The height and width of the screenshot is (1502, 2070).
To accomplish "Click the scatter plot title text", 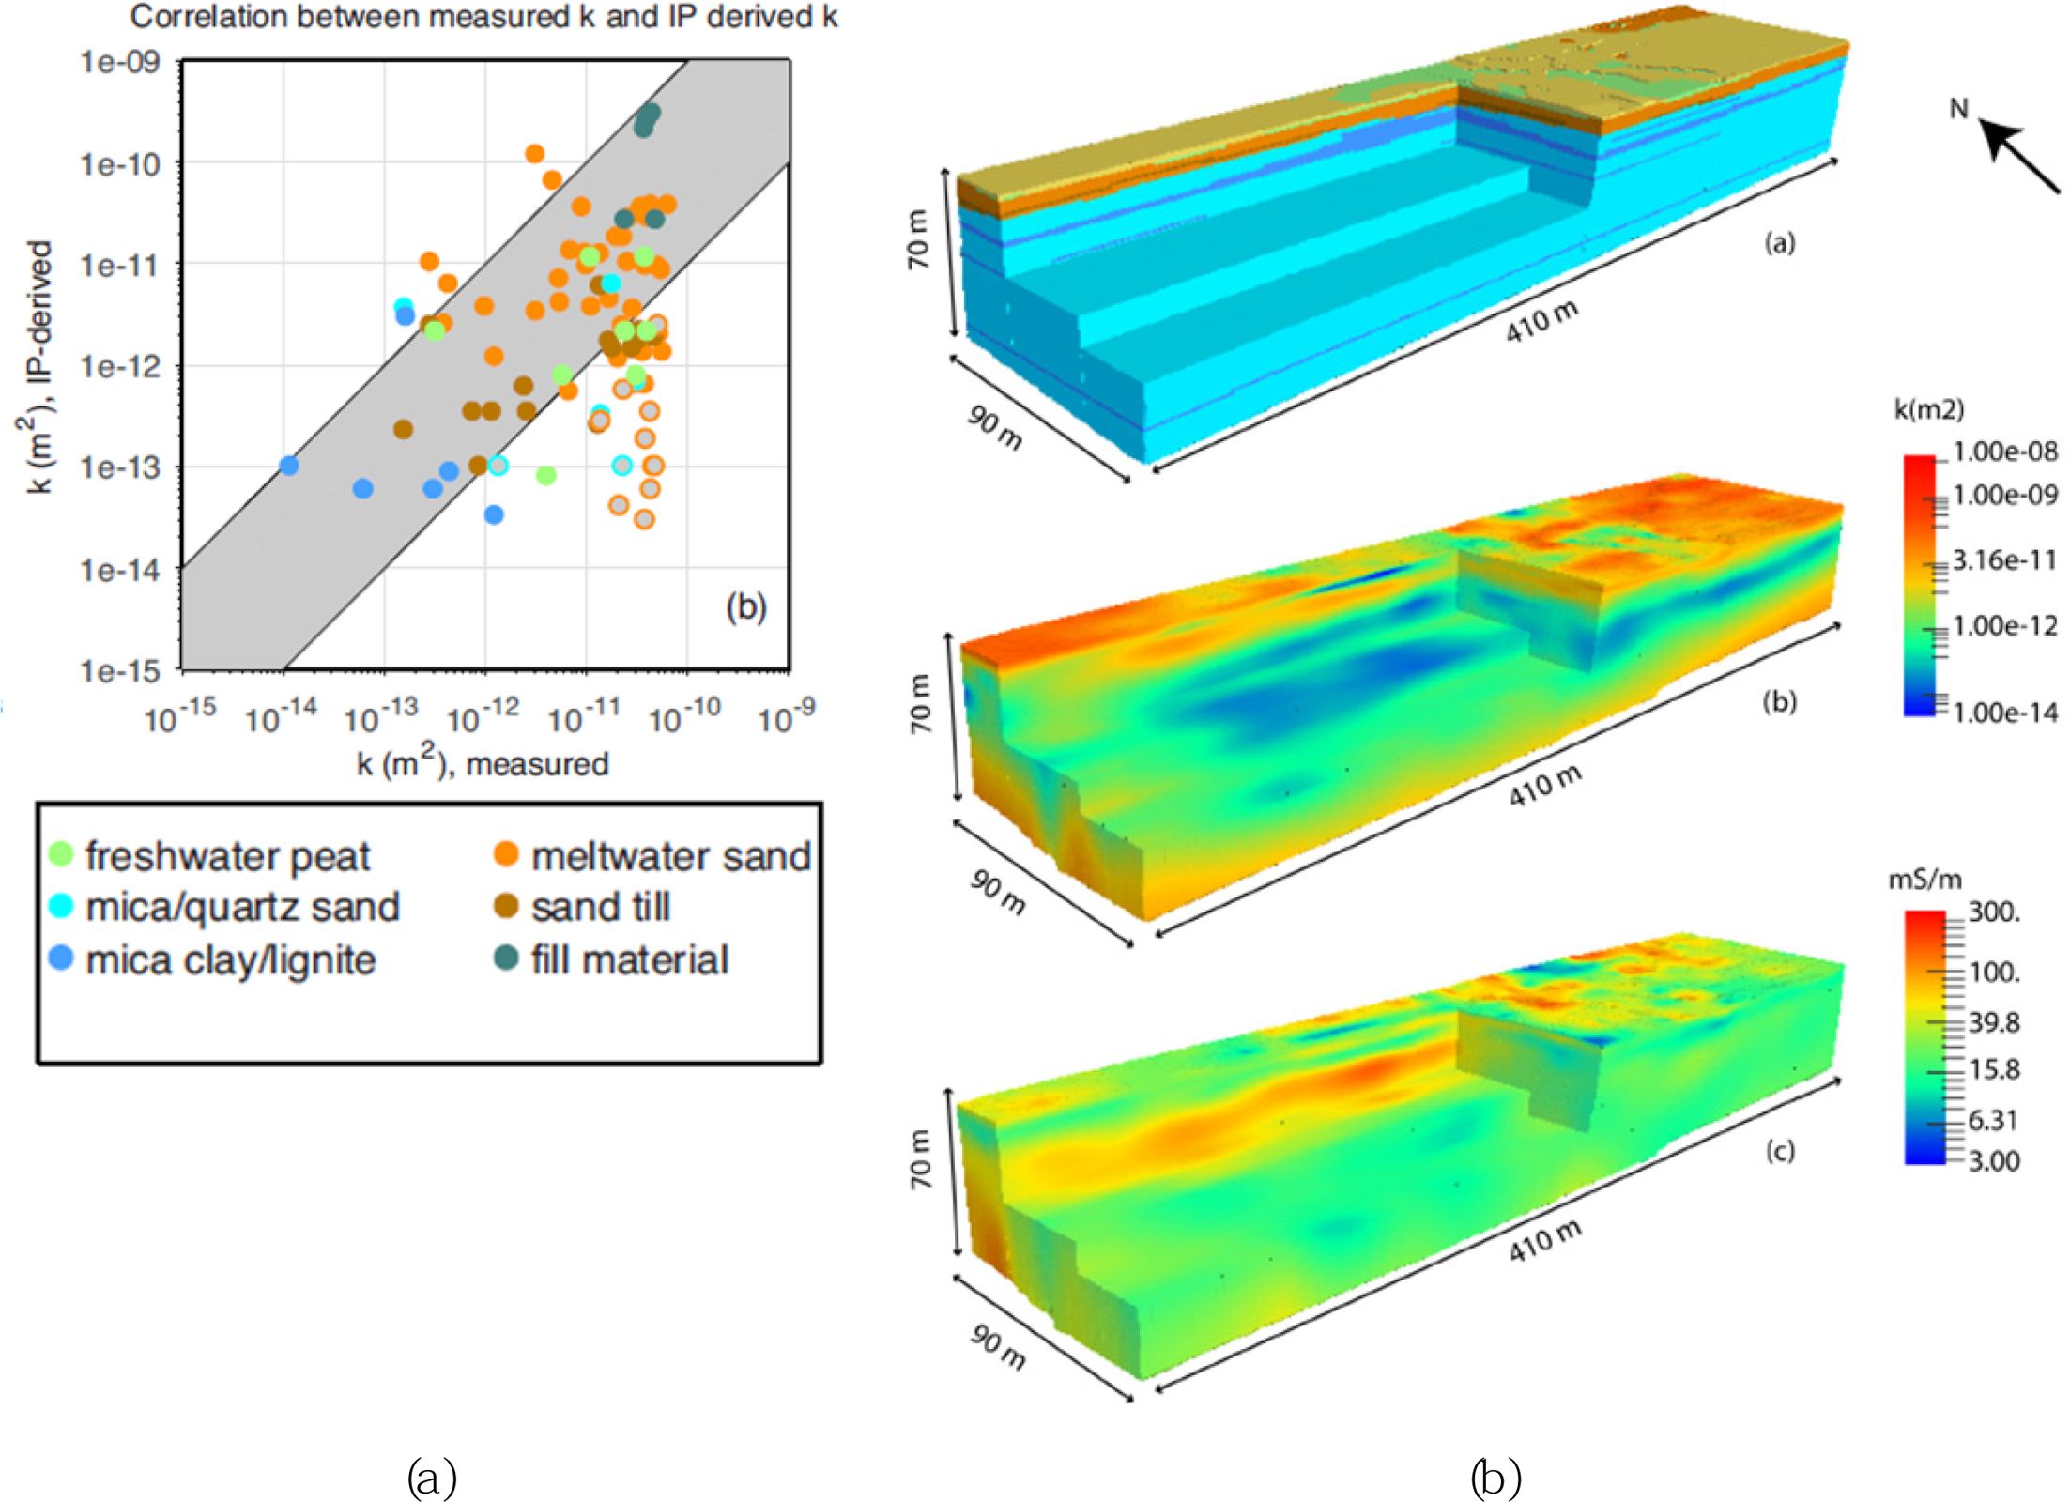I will point(483,17).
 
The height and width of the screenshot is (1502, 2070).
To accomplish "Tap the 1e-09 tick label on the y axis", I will point(120,62).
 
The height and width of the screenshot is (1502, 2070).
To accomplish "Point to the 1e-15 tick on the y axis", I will point(120,670).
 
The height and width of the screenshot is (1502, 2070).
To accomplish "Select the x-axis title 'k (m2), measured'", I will point(483,762).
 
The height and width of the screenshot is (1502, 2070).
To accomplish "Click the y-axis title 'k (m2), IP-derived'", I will point(38,366).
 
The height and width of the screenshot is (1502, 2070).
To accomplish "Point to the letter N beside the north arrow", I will point(1958,109).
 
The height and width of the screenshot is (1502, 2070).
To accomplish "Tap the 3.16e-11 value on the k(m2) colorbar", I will point(2004,560).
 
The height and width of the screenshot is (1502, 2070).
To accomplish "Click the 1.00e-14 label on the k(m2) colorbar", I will point(2004,713).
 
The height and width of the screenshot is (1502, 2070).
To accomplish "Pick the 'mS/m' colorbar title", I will point(1924,880).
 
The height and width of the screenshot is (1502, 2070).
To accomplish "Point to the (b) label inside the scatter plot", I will point(745,607).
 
